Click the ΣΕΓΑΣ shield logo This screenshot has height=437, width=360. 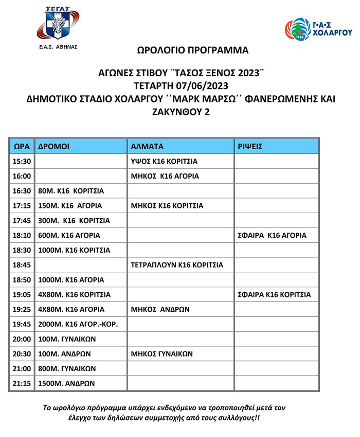(x=58, y=24)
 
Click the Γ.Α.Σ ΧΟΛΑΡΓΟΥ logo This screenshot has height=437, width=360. (x=318, y=29)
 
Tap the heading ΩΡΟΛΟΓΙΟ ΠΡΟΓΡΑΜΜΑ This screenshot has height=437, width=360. (x=192, y=50)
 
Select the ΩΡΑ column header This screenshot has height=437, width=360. (x=22, y=146)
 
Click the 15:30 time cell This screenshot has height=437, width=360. (x=22, y=161)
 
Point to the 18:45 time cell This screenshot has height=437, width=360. (x=22, y=265)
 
